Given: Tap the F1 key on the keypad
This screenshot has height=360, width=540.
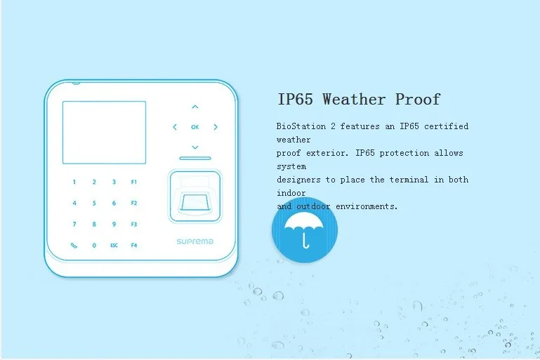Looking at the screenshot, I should click(x=133, y=182).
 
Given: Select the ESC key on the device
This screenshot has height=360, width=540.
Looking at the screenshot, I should click(x=114, y=246).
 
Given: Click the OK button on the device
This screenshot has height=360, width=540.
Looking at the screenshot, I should click(x=195, y=127).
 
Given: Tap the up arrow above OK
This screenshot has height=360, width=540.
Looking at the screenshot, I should click(x=195, y=107).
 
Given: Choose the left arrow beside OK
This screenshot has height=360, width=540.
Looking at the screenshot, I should click(x=175, y=127).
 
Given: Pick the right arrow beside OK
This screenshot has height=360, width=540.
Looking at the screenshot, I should click(x=216, y=127).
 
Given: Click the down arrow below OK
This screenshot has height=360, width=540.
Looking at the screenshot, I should click(x=195, y=147).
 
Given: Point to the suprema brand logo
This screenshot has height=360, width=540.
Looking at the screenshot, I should click(x=195, y=241).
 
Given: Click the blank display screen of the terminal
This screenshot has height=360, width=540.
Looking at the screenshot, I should click(x=104, y=132).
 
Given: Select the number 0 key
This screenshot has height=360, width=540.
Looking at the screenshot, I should click(x=94, y=246).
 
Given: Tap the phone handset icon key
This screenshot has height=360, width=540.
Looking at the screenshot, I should click(x=74, y=246).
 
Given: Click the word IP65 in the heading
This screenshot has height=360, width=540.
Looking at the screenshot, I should click(x=296, y=99).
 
